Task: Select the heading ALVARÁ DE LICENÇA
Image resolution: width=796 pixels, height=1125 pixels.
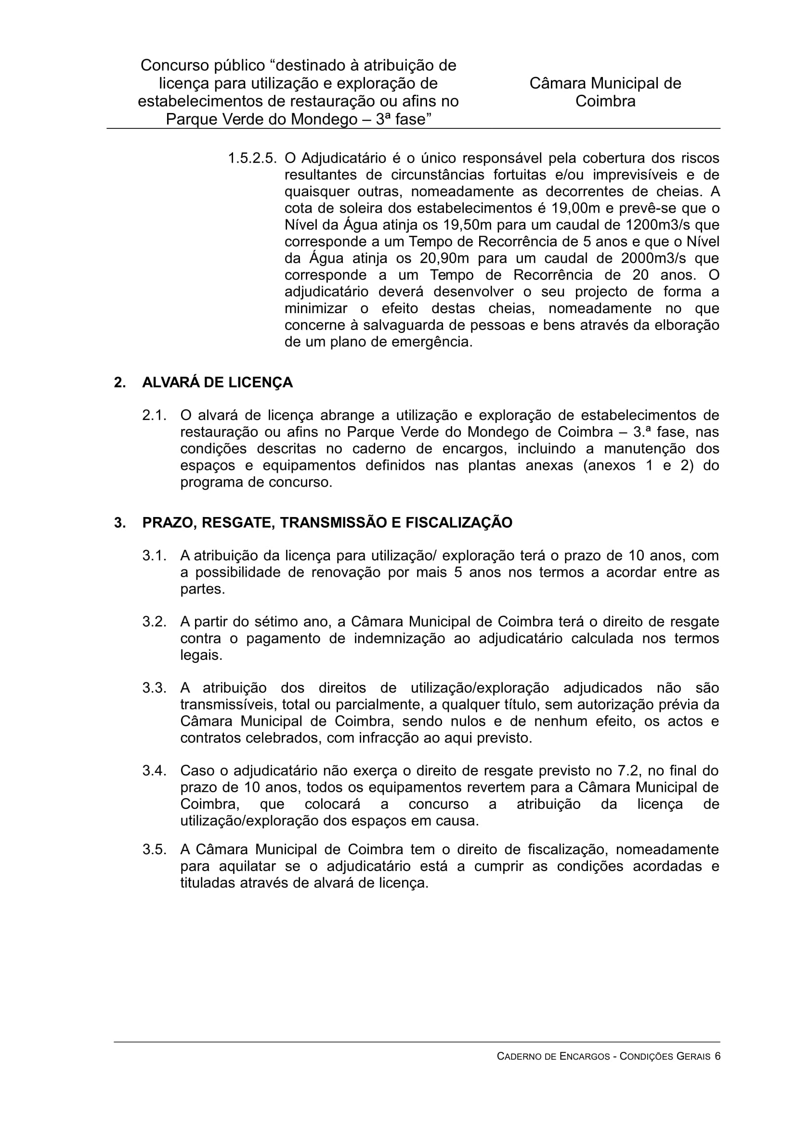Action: [217, 383]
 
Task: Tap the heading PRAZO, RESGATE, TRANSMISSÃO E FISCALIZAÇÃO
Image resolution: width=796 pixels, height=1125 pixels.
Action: [327, 523]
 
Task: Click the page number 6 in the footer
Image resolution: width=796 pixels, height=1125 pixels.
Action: [717, 1070]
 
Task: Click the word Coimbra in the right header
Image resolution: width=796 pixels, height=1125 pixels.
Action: [605, 101]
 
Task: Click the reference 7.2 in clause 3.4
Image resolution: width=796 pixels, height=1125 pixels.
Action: [628, 771]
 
